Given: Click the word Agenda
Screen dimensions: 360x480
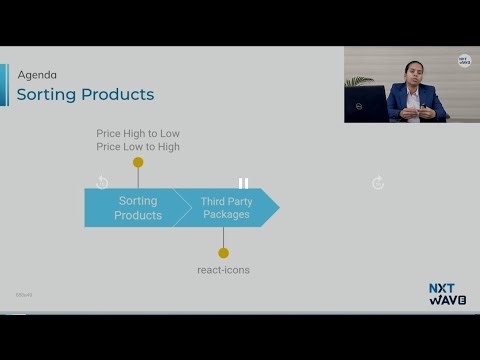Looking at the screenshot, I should click(x=37, y=75).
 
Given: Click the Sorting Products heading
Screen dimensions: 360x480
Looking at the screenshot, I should click(x=85, y=95).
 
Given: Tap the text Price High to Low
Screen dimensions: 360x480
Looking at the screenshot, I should click(x=138, y=133).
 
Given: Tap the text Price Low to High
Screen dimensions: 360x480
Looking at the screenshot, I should click(x=138, y=147).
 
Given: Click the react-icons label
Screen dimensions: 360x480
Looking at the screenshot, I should click(x=223, y=270).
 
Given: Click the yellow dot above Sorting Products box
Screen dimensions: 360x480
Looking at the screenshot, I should click(x=138, y=162).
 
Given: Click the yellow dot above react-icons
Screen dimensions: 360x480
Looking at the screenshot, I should click(x=223, y=253).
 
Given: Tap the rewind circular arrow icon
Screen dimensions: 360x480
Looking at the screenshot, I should click(x=102, y=182).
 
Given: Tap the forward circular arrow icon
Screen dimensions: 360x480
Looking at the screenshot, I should click(x=378, y=182).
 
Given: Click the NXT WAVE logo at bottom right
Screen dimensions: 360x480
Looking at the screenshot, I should click(x=447, y=294).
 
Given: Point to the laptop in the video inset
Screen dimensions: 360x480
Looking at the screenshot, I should click(x=366, y=103).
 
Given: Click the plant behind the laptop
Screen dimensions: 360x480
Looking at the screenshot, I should click(x=358, y=81).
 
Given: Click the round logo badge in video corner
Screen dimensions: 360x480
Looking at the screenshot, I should click(x=464, y=61).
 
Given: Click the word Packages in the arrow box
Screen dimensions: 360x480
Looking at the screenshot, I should click(x=225, y=215).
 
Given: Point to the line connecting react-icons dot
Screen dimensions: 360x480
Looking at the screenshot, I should click(x=223, y=238).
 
